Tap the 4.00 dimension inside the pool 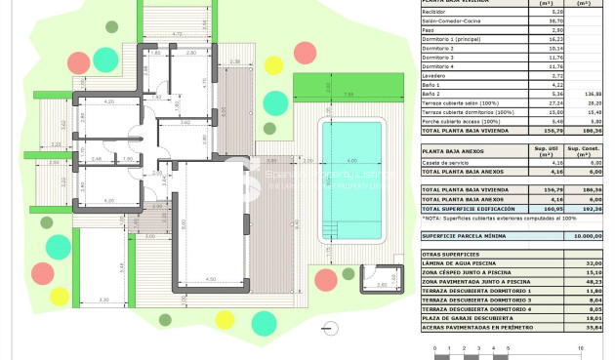[x=351, y=161]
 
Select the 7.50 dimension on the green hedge [x=348, y=94]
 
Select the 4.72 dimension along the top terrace [x=177, y=34]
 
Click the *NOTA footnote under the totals [x=488, y=219]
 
